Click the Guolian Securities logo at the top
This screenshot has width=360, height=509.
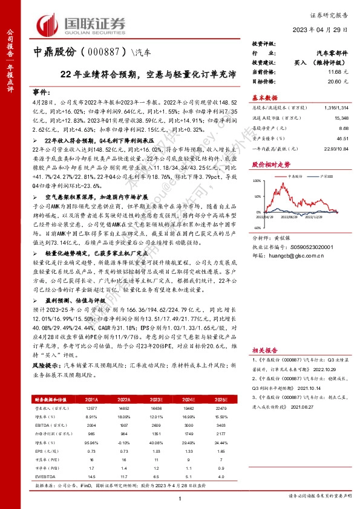(81, 24)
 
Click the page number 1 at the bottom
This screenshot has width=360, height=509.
(180, 497)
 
